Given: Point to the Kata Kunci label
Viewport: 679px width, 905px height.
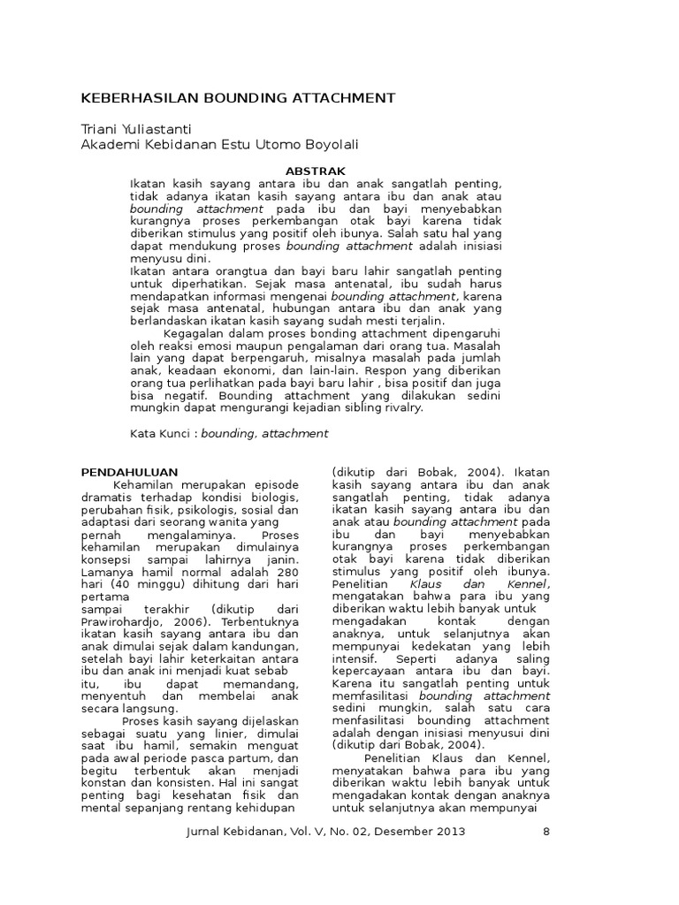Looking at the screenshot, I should pyautogui.click(x=161, y=433).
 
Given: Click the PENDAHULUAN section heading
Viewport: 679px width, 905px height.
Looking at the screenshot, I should pyautogui.click(x=129, y=472).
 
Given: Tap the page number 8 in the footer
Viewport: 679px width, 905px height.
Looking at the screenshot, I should pyautogui.click(x=545, y=832).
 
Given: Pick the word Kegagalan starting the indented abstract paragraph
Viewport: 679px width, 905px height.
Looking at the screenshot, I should pyautogui.click(x=195, y=333).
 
